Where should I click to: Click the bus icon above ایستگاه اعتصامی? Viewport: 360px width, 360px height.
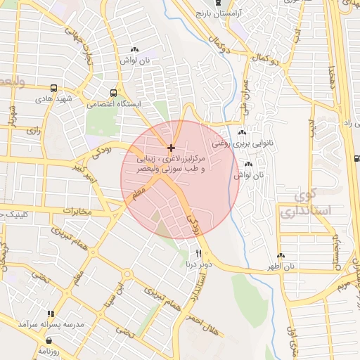coord(114,92)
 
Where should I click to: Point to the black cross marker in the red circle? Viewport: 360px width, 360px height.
coord(172,147)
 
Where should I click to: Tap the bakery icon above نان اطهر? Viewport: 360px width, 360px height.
coord(281,255)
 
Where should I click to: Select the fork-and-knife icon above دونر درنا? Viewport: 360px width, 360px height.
coord(199,253)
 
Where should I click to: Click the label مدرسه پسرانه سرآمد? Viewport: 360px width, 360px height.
coord(51,325)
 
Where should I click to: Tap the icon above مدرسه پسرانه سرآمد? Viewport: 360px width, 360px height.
coord(51,314)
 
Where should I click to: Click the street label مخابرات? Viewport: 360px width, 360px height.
coord(77,211)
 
